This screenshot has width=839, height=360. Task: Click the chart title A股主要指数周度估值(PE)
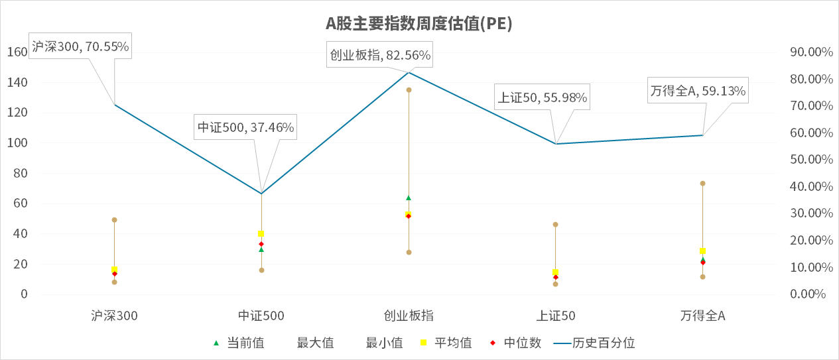[x=419, y=24]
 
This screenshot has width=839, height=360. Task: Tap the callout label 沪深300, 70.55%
[x=80, y=47]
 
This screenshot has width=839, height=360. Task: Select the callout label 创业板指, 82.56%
[x=380, y=56]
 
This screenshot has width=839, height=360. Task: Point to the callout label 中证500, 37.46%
[x=245, y=127]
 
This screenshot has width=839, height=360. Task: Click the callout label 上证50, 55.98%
[x=542, y=97]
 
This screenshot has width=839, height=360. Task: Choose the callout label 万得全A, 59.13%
[x=698, y=91]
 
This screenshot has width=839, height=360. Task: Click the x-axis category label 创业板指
[x=409, y=316]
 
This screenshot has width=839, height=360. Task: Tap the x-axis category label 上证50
[x=556, y=316]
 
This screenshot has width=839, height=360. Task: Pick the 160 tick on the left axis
[x=18, y=52]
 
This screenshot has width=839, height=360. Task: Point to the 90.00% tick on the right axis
[x=811, y=52]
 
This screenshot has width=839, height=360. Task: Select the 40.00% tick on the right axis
[x=811, y=187]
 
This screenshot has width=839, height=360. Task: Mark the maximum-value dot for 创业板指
[x=409, y=90]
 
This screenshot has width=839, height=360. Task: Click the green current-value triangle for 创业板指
[x=409, y=198]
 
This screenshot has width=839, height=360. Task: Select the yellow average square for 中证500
[x=261, y=233]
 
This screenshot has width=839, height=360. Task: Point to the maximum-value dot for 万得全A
[x=702, y=183]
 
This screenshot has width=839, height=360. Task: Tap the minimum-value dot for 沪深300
[x=114, y=282]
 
